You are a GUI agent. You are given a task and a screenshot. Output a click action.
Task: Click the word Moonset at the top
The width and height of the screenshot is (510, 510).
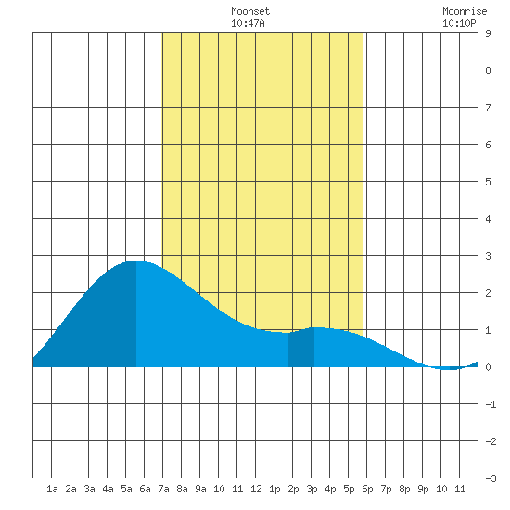tap(250, 11)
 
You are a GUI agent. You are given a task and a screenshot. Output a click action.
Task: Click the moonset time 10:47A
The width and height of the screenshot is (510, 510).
tap(248, 23)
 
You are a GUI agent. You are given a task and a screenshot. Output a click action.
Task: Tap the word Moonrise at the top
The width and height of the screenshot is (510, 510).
tap(465, 11)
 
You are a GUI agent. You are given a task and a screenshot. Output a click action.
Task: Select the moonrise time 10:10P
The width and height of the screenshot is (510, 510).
tap(459, 23)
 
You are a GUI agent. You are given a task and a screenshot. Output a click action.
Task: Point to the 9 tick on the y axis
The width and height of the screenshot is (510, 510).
tap(488, 33)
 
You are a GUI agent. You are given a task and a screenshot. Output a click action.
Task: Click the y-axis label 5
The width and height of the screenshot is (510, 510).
tap(488, 182)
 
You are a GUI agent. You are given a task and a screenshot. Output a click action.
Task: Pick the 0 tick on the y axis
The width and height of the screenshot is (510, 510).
tap(488, 367)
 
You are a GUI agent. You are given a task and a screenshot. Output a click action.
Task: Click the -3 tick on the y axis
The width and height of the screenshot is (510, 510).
tap(491, 478)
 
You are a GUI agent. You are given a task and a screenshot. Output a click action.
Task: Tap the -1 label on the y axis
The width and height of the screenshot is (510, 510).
tap(491, 404)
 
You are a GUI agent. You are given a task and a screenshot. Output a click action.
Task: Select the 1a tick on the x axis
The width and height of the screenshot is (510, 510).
tap(52, 489)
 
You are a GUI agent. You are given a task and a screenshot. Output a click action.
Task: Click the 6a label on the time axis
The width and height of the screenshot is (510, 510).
tap(145, 489)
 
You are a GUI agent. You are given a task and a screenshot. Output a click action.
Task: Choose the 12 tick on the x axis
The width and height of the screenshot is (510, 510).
tap(256, 489)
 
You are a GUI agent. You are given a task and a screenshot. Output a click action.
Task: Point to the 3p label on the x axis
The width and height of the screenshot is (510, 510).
tap(312, 489)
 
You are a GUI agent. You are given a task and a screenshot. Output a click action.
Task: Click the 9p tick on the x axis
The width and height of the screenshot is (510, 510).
tap(423, 489)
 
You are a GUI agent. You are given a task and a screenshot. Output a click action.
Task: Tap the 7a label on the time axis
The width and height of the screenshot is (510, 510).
tap(163, 489)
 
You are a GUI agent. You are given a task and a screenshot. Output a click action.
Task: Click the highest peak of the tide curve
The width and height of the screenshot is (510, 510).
tap(136, 261)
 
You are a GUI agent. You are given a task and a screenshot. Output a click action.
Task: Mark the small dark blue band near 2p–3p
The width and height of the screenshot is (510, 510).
tap(301, 348)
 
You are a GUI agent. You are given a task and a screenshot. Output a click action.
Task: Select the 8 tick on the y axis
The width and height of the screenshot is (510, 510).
tap(488, 70)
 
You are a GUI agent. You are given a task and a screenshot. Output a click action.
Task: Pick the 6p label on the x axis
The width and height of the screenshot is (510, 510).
tap(367, 489)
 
